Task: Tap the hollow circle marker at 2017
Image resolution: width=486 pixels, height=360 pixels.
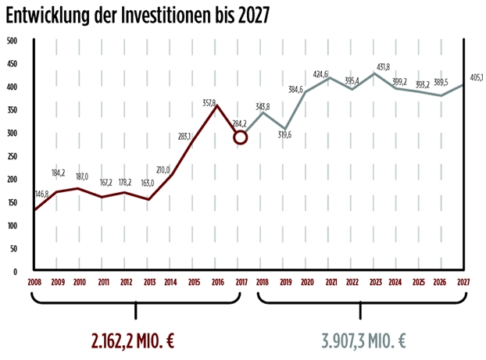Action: pyautogui.click(x=241, y=137)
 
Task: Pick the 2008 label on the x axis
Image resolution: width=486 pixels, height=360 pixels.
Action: pyautogui.click(x=34, y=282)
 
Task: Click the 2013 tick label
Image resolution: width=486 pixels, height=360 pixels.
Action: pyautogui.click(x=148, y=282)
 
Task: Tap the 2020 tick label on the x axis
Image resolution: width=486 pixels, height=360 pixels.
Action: pyautogui.click(x=306, y=282)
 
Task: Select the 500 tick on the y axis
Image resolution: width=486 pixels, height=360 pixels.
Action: pyautogui.click(x=12, y=41)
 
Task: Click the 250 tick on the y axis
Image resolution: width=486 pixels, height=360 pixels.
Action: pyautogui.click(x=12, y=156)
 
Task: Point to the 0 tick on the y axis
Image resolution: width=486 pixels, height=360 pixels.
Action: pyautogui.click(x=15, y=272)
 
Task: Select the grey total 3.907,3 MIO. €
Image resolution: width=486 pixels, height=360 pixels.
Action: pyautogui.click(x=364, y=341)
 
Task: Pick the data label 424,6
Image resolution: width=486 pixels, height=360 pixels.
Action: pyautogui.click(x=341, y=73)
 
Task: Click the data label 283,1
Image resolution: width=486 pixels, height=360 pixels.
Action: pyautogui.click(x=185, y=136)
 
